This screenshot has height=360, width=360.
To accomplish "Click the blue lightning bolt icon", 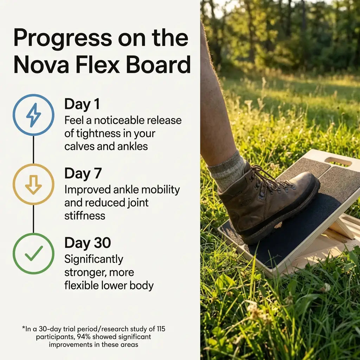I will coord(34,115).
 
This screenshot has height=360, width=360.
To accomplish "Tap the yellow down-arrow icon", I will coord(34,184).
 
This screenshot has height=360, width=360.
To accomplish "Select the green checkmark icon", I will coord(34,253).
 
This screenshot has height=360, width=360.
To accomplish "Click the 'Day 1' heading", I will coord(82,104).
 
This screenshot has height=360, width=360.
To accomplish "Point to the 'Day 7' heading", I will coord(83,173).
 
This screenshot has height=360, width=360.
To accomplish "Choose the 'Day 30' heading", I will coord(88,243).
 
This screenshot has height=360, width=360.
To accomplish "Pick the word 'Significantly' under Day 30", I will coord(94,259).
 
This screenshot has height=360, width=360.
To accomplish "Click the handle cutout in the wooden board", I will coord(338,161).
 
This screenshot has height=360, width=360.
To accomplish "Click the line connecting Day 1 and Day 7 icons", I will coord(34,149).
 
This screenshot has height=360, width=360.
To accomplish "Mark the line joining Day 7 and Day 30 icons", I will coord(34,219).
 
